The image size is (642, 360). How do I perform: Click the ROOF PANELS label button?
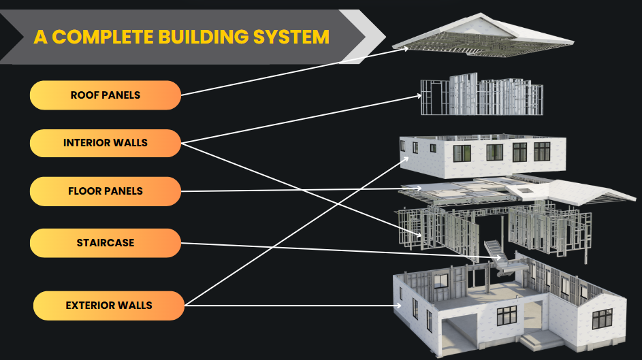pos(106,95)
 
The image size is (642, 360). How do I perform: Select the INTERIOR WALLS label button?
pos(106,143)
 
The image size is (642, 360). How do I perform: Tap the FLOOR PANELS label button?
pos(106,191)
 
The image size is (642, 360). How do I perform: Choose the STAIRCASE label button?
pos(106,243)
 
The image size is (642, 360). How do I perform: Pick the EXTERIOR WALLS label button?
pos(109,306)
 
